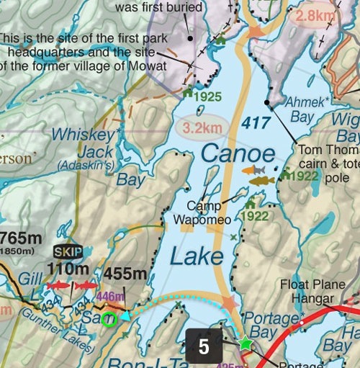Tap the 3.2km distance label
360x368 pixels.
coord(202,129)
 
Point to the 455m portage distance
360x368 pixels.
coord(127,274)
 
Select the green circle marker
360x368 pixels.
coord(109,319)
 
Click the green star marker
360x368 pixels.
coord(246,344)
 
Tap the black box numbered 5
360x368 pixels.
coord(204,346)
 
